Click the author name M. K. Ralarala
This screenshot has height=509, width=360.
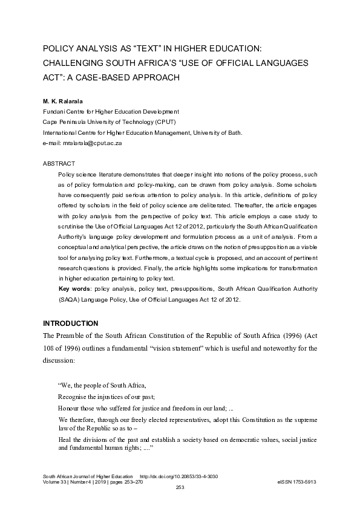coord(63,101)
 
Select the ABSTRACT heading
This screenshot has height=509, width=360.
coord(59,164)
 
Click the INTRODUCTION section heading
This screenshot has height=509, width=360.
coord(70,324)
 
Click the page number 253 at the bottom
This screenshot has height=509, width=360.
coord(180,487)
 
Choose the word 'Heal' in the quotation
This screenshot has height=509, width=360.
coord(65,440)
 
